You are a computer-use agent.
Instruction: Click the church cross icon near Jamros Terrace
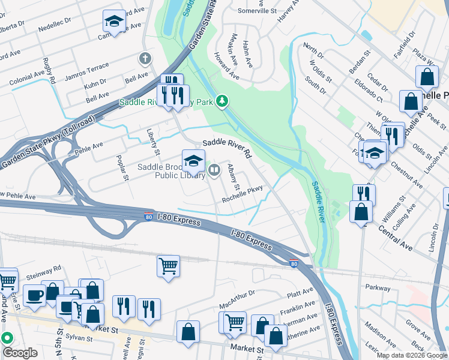coord(143,59)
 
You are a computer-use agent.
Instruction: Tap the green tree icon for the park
coord(222,100)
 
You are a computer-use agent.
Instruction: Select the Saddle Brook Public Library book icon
coord(214,172)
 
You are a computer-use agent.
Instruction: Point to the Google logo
coord(20,353)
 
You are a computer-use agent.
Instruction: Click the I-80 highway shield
coord(293,263)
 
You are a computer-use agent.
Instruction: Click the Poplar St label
coord(122,169)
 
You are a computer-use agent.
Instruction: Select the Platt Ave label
coord(300,293)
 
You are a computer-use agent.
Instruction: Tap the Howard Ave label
coord(226,69)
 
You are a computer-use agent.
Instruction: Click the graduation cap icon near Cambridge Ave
coord(113,22)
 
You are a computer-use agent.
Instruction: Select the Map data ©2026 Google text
coord(411,355)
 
